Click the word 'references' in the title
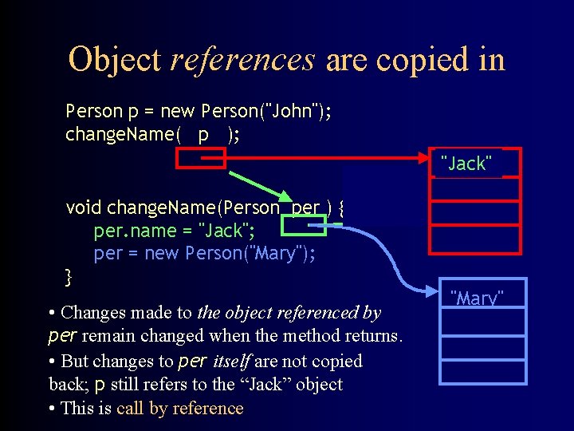point(243,59)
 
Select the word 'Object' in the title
point(115,59)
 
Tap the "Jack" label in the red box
point(466,164)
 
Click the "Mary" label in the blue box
point(478,299)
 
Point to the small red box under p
point(189,160)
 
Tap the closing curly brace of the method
point(69,278)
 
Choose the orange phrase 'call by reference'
point(179,409)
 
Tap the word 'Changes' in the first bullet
point(92,312)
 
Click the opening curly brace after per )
point(340,208)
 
